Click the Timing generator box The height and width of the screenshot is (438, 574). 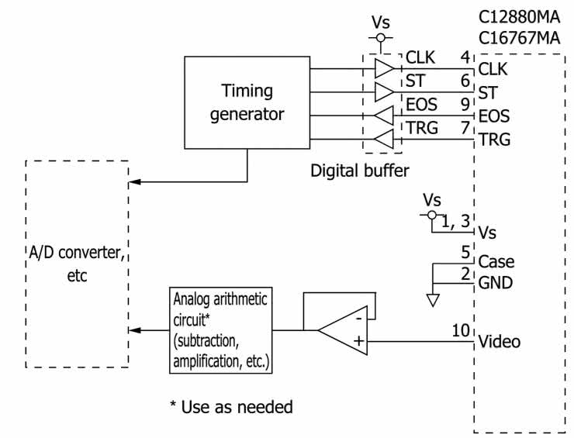click(247, 102)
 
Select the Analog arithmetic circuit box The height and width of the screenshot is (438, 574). click(220, 330)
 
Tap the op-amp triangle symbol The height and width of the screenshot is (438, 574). click(344, 329)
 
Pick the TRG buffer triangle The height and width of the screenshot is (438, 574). click(384, 140)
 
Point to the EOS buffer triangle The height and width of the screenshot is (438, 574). click(384, 116)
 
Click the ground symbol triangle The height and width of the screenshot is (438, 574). click(434, 298)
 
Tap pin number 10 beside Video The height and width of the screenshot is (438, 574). click(462, 332)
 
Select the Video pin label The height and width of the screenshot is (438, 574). click(500, 341)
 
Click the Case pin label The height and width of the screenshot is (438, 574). click(496, 261)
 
